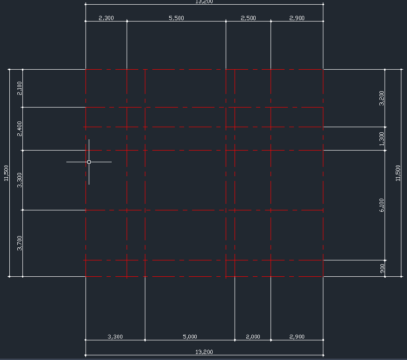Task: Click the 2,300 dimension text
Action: pos(107,18)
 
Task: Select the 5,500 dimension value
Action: pos(176,18)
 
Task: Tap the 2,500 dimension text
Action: pos(248,18)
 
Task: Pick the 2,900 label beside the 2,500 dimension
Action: pos(297,18)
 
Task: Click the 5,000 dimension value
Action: pos(190,337)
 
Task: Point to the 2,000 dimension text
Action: pos(252,337)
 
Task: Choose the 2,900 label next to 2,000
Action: pos(297,337)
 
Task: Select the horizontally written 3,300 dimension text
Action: pos(115,337)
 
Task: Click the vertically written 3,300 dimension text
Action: pos(20,180)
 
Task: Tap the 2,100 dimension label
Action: pos(20,88)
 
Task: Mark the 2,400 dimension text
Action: pos(20,129)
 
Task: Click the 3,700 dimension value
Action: pos(20,243)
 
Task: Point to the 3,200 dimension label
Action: pos(382,98)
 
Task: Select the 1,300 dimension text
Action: pos(382,139)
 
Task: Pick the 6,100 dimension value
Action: pos(382,205)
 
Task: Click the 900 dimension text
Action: pos(382,268)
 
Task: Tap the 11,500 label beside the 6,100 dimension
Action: pos(398,173)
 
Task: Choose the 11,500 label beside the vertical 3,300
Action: pos(6,173)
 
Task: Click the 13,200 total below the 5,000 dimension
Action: pos(204,352)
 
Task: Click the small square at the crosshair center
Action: pos(89,162)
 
